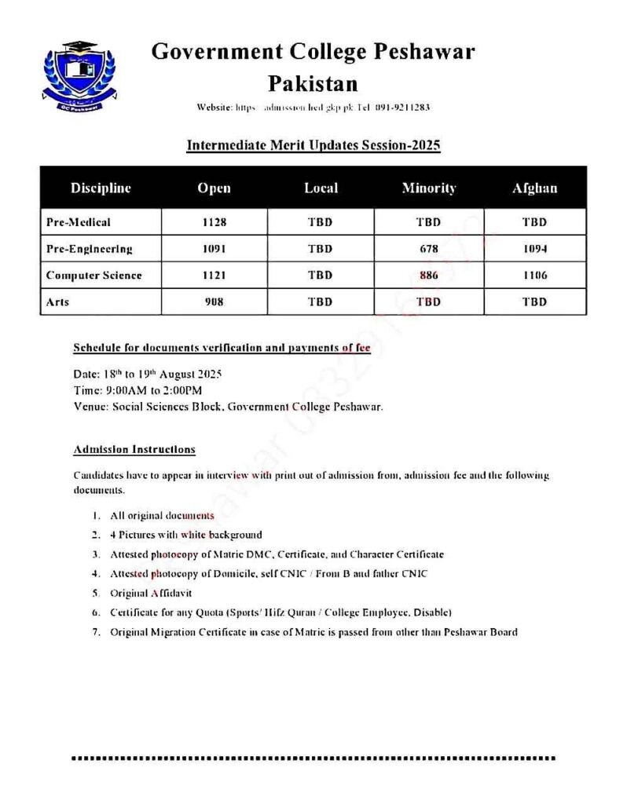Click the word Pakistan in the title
point(313,83)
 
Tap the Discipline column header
point(101,188)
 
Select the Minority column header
point(428,188)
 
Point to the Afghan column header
point(534,188)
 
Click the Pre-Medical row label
point(79,222)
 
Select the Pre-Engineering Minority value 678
point(428,249)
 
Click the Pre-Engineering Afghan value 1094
point(534,249)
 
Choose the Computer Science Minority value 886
point(428,276)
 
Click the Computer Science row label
point(93,276)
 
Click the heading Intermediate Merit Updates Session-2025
point(313,145)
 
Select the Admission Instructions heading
point(134,450)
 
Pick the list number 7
point(95,631)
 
